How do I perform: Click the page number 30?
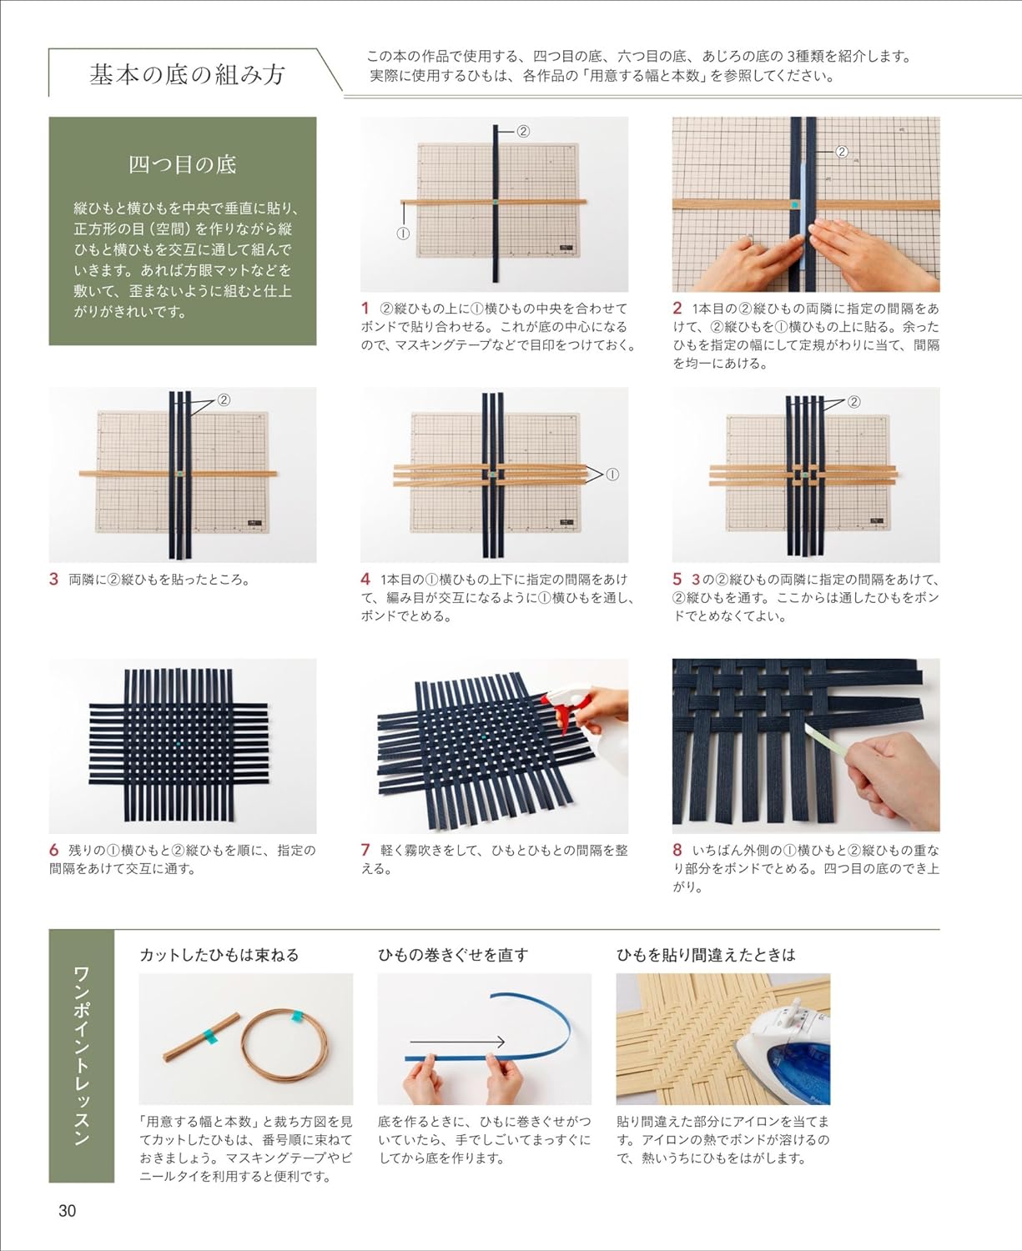[x=67, y=1210]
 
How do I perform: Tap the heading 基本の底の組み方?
[x=187, y=75]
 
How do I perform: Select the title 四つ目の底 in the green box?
[x=182, y=164]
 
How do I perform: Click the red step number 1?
[x=365, y=309]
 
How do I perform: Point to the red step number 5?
[x=677, y=579]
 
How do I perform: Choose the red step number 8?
[x=677, y=851]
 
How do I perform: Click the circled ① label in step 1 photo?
[x=403, y=234]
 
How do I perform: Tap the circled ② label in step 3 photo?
[x=224, y=399]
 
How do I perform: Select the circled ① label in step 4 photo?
[x=612, y=475]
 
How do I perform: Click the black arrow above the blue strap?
[x=457, y=1042]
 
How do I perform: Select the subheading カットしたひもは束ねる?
[x=219, y=955]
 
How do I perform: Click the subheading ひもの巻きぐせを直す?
[x=453, y=955]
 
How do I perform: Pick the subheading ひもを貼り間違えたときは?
[x=706, y=955]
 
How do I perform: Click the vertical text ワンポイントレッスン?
[x=82, y=1056]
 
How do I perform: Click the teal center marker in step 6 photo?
[x=179, y=741]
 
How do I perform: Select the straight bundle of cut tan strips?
[x=201, y=1035]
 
